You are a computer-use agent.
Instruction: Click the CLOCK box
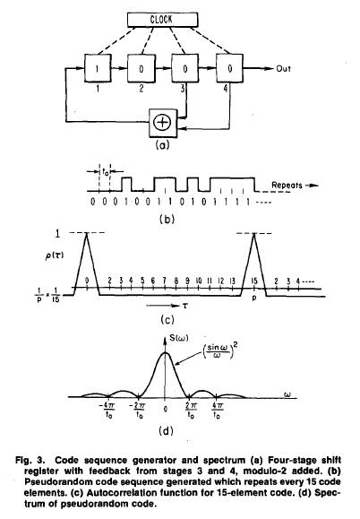(163, 20)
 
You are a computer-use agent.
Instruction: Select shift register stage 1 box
(98, 68)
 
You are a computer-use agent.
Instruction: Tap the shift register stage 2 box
(141, 68)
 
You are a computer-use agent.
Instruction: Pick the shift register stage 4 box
(230, 68)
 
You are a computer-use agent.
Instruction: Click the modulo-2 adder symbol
(163, 123)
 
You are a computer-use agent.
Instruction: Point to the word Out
(283, 69)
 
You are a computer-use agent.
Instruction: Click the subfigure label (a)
(162, 145)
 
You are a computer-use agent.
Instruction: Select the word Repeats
(287, 185)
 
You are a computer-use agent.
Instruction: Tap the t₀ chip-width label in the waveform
(105, 172)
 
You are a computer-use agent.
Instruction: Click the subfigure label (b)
(167, 219)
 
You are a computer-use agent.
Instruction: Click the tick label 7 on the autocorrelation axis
(164, 281)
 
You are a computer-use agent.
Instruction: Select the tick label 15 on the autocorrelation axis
(254, 281)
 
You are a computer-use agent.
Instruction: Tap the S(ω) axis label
(179, 338)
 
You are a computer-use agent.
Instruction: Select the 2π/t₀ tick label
(192, 411)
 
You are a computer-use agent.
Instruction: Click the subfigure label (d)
(166, 431)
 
